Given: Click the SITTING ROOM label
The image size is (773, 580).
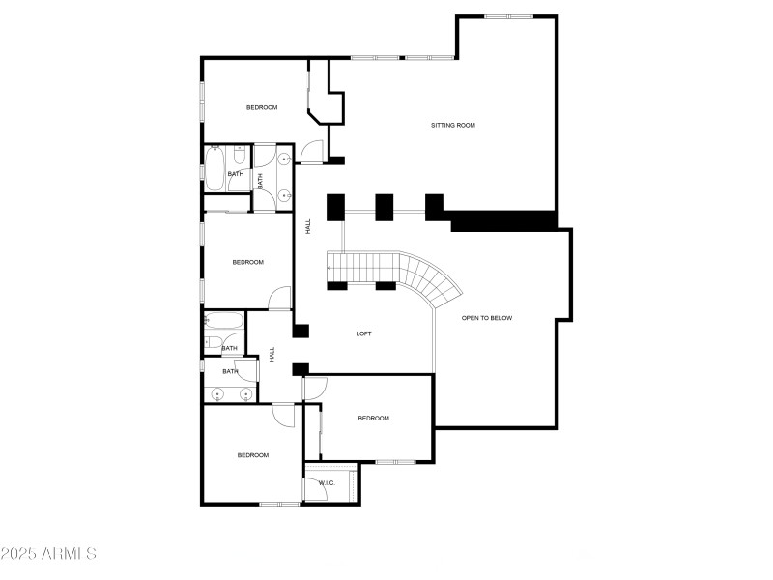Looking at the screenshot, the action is (453, 126).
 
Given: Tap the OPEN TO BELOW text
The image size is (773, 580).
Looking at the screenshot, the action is (487, 318).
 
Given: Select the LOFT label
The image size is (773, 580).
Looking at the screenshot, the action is (364, 333).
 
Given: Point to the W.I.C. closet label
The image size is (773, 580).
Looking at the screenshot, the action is (327, 483).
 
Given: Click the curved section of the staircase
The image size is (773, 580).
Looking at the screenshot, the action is (434, 279).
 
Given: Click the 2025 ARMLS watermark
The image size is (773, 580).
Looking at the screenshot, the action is (48, 553).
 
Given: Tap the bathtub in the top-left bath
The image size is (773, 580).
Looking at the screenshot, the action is (215, 168).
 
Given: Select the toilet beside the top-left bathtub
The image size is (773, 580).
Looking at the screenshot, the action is (240, 155).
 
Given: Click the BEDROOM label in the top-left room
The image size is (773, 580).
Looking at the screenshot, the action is (262, 107).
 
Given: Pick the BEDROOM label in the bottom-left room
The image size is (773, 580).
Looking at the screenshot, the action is (253, 455).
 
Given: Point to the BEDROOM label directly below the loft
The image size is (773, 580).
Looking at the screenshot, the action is (373, 419).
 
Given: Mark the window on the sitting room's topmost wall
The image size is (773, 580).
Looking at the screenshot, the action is (509, 16).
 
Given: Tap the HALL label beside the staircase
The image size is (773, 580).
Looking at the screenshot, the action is (308, 226).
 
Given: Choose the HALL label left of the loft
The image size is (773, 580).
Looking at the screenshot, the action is (272, 355).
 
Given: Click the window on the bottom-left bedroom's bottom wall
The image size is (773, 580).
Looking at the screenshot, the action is (279, 504).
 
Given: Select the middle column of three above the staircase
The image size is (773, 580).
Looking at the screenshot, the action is (385, 207).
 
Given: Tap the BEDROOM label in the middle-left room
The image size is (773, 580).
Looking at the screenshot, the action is (248, 262).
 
